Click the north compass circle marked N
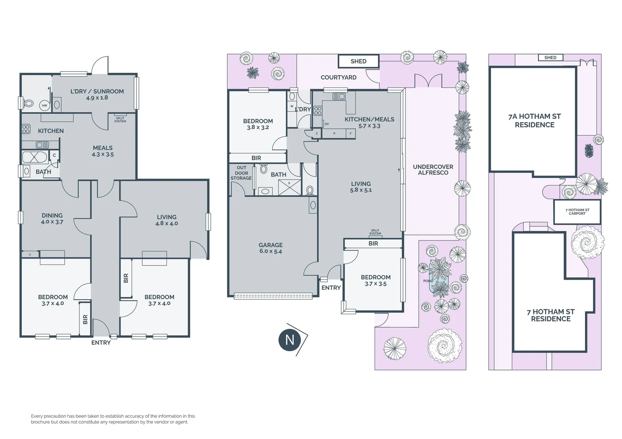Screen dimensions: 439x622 pyautogui.click(x=289, y=339)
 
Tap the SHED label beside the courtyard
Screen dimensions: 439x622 pyautogui.click(x=358, y=61)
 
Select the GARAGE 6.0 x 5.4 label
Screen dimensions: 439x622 pyautogui.click(x=270, y=248)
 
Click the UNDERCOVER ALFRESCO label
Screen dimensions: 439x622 pyautogui.click(x=433, y=170)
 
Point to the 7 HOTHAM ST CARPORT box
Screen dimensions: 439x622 pyautogui.click(x=577, y=212)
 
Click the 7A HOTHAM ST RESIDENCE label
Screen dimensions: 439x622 pyautogui.click(x=534, y=121)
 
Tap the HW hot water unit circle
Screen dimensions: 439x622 pyautogui.click(x=44, y=106)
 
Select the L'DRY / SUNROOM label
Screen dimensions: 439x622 pyautogui.click(x=97, y=94)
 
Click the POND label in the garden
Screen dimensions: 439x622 pyautogui.click(x=428, y=281)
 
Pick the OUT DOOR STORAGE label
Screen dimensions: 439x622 pyautogui.click(x=241, y=173)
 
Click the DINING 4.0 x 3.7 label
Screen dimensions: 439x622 pyautogui.click(x=52, y=219)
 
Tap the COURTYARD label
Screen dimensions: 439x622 pyautogui.click(x=338, y=77)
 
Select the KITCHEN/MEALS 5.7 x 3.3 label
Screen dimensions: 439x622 pyautogui.click(x=369, y=122)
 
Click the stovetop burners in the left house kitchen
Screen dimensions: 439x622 pyautogui.click(x=26, y=129)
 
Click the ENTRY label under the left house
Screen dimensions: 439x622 pyautogui.click(x=101, y=343)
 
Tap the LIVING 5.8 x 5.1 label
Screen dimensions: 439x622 pyautogui.click(x=361, y=187)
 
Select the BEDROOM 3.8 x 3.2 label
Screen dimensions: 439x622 pyautogui.click(x=258, y=124)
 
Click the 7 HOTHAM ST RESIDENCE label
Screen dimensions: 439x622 pyautogui.click(x=550, y=315)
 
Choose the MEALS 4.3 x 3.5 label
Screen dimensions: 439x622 pyautogui.click(x=103, y=151)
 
